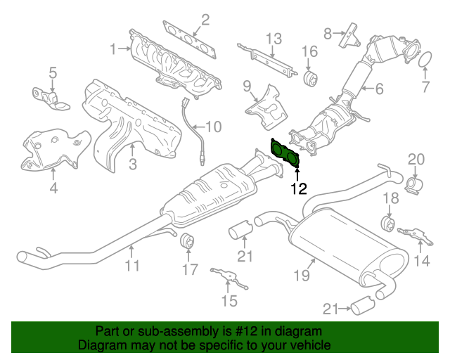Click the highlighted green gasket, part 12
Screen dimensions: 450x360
pyautogui.click(x=285, y=153)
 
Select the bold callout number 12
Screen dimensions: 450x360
pyautogui.click(x=299, y=188)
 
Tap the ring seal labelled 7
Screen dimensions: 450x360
pyautogui.click(x=425, y=59)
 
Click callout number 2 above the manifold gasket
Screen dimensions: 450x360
pyautogui.click(x=205, y=20)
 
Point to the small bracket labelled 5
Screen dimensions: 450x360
pyautogui.click(x=51, y=98)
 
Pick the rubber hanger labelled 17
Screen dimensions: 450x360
pyautogui.click(x=188, y=242)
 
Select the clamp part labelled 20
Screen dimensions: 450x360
pyautogui.click(x=415, y=185)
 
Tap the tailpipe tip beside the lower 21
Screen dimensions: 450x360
pyautogui.click(x=363, y=305)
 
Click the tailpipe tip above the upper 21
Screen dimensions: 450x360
pyautogui.click(x=240, y=229)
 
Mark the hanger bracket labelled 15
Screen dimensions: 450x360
pyautogui.click(x=229, y=277)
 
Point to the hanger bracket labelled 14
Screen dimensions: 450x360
pyautogui.click(x=416, y=236)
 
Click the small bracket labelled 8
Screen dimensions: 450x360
pyautogui.click(x=349, y=35)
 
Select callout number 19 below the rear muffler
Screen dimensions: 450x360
pyautogui.click(x=302, y=276)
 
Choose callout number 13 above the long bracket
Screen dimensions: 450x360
pyautogui.click(x=274, y=39)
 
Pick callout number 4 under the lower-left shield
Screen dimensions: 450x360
pyautogui.click(x=53, y=188)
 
